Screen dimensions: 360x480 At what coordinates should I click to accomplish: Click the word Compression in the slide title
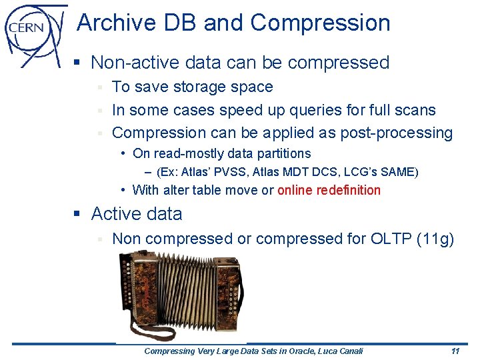pyautogui.click(x=320, y=23)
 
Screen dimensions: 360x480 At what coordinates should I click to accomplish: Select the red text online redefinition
pyautogui.click(x=329, y=190)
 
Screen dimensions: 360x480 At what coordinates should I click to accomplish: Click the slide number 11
pyautogui.click(x=455, y=351)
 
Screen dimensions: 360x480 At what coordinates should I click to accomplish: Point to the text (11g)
pyautogui.click(x=434, y=239)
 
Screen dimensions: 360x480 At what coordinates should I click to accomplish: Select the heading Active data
pyautogui.click(x=136, y=214)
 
